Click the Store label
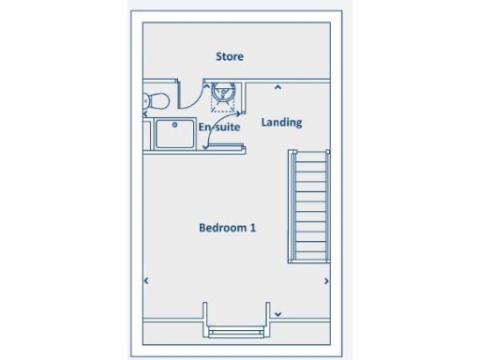click(230, 56)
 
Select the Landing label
click(281, 122)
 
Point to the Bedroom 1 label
click(227, 228)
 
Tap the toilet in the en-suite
click(154, 98)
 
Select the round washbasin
click(223, 92)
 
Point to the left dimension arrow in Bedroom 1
click(146, 280)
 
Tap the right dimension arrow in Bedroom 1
click(326, 280)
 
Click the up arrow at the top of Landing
click(277, 88)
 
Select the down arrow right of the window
click(277, 314)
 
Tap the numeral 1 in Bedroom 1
click(253, 228)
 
